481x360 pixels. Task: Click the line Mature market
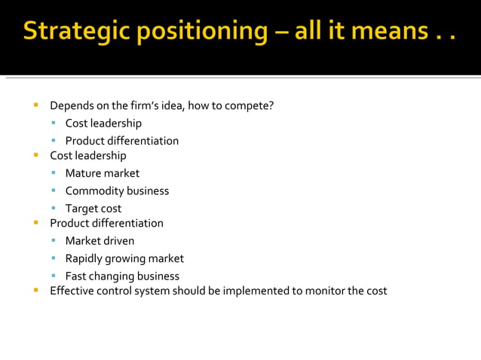point(102,173)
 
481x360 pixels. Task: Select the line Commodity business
point(117,191)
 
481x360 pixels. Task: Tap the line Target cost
point(93,209)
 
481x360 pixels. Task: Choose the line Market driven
point(100,241)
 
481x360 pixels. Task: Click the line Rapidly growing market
point(124,258)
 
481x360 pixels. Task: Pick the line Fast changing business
point(122,276)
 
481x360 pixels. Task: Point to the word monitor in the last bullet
point(322,291)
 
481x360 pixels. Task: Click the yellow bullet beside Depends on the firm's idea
point(35,105)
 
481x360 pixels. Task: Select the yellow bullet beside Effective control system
point(35,290)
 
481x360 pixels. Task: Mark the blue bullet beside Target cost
point(54,209)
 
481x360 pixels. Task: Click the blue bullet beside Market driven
point(54,241)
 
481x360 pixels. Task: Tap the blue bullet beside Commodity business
point(54,191)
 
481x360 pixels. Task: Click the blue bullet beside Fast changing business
point(54,276)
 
